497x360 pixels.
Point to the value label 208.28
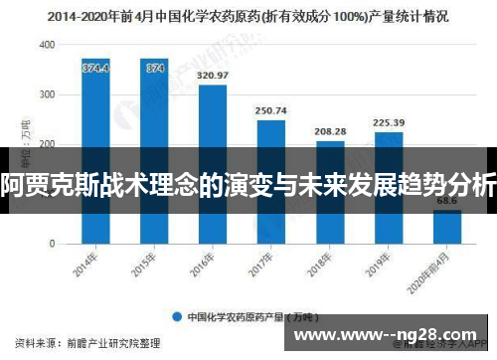click(330, 131)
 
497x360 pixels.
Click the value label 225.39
click(389, 122)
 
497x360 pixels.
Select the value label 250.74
click(270, 110)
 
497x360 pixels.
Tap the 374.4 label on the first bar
click(95, 68)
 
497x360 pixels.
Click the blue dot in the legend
click(177, 317)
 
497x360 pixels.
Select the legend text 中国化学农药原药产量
click(239, 317)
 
